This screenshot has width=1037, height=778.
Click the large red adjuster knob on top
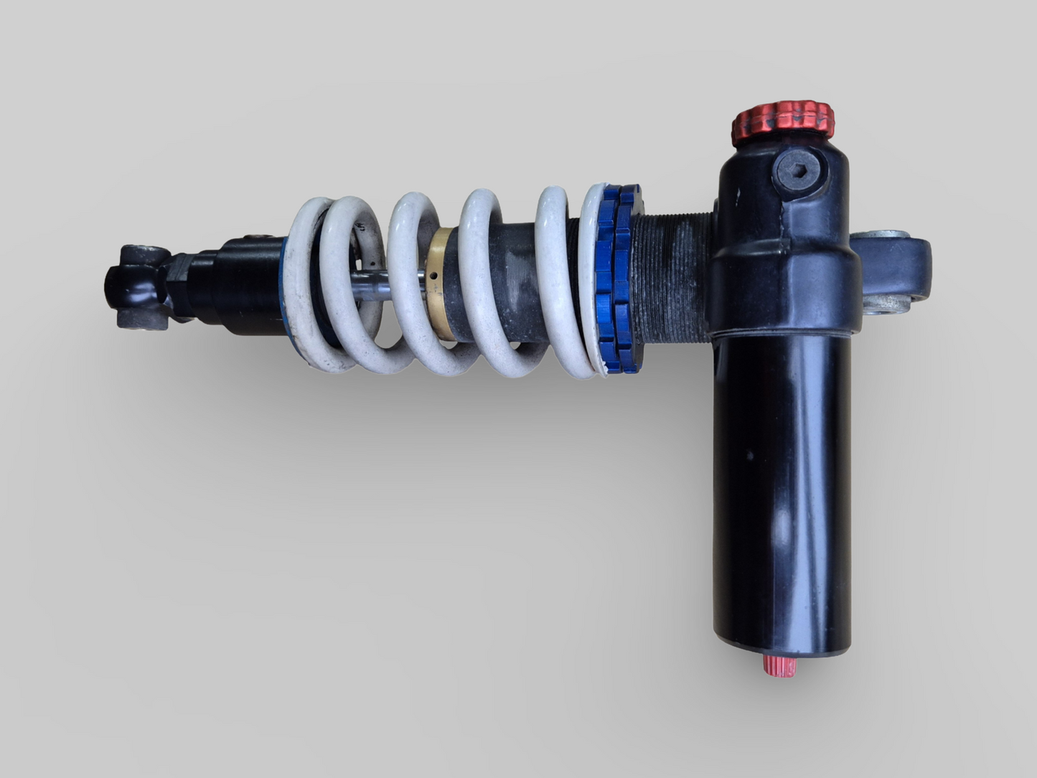point(782,122)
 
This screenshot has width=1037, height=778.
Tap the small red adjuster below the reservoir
point(779,665)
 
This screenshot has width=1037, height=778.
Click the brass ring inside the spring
point(439,283)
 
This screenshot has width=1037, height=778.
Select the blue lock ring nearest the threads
point(630,280)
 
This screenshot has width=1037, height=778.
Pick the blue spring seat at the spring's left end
point(287,287)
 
